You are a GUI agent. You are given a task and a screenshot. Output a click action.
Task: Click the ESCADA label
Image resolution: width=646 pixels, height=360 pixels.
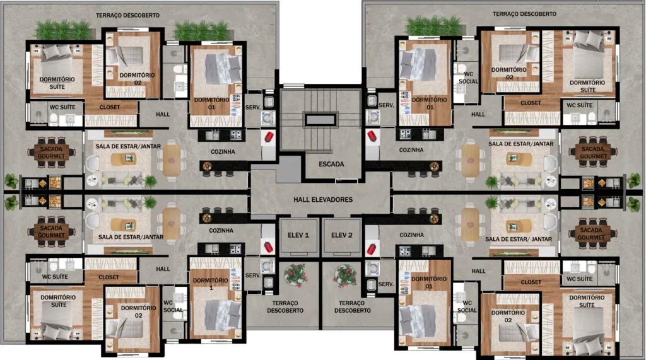331,164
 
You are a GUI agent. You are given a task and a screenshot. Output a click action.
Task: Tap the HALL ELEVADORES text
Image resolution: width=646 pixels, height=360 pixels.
323,200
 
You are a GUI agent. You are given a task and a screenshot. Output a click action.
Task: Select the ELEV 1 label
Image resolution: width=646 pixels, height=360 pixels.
298,235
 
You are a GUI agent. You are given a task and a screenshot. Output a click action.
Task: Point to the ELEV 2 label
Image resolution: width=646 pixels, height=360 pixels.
342,235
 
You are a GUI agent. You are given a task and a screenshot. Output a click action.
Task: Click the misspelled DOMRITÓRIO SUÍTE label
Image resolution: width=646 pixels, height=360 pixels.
58,301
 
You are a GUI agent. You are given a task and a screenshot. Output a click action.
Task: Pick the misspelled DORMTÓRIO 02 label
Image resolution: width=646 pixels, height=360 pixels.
508,316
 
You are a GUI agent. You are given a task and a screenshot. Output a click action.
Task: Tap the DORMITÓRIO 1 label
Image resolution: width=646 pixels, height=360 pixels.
211,284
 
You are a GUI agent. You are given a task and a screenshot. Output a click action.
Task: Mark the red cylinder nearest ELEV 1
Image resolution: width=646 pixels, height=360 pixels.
269,247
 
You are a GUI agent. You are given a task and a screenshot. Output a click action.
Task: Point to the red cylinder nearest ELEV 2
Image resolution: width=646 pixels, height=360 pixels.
371,249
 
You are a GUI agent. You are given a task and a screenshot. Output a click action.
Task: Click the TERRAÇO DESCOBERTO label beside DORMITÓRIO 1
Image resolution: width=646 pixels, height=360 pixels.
285,307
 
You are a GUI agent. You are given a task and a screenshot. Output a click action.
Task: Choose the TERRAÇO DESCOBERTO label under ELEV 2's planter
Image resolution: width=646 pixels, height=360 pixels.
352,307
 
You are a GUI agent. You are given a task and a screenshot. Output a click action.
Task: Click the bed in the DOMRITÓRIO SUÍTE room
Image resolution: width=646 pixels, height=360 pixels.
57,322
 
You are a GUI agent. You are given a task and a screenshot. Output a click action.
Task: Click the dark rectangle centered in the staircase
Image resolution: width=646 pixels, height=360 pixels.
320,120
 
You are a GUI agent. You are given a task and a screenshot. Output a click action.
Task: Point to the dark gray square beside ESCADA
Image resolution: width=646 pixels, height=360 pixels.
289,169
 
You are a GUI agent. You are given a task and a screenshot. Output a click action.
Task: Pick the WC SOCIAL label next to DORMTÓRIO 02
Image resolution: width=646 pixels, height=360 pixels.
467,306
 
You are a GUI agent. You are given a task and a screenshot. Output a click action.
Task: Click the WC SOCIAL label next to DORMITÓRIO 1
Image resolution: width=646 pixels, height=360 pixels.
173,306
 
